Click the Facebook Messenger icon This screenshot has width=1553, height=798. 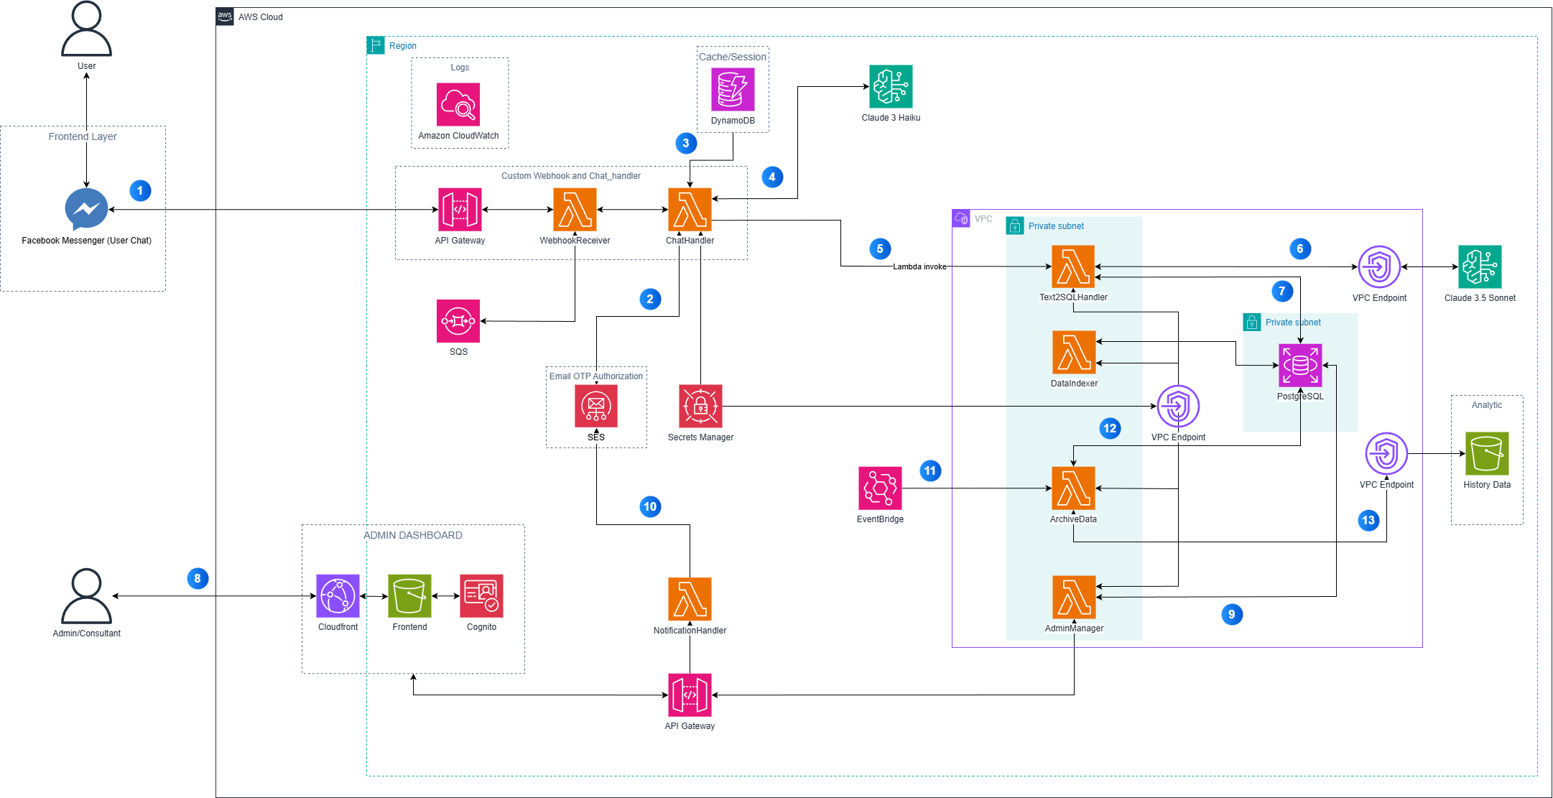pyautogui.click(x=86, y=209)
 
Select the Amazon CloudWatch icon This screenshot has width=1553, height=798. pyautogui.click(x=458, y=105)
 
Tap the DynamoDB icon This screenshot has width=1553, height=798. pyautogui.click(x=733, y=89)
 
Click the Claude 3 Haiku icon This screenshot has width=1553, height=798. pyautogui.click(x=891, y=86)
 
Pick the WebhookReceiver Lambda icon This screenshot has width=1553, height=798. pyautogui.click(x=575, y=210)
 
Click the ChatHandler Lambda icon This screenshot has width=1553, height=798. pyautogui.click(x=690, y=210)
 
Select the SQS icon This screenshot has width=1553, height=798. pyautogui.click(x=458, y=321)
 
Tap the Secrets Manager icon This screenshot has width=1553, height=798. pyautogui.click(x=700, y=406)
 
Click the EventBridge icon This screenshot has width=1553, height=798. pyautogui.click(x=880, y=488)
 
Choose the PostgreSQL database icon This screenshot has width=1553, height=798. pyautogui.click(x=1300, y=365)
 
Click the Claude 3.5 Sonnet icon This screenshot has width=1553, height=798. pyautogui.click(x=1480, y=266)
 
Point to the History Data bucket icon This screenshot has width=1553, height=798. pyautogui.click(x=1487, y=453)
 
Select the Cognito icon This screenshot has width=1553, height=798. pyautogui.click(x=481, y=595)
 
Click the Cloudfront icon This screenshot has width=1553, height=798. pyautogui.click(x=338, y=595)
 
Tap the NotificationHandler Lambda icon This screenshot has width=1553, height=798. pyautogui.click(x=690, y=598)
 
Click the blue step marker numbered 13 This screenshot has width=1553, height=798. pyautogui.click(x=1368, y=521)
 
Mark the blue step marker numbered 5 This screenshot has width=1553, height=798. pyautogui.click(x=880, y=249)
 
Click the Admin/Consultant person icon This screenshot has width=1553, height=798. pyautogui.click(x=86, y=596)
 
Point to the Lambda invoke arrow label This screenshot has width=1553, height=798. pyautogui.click(x=919, y=266)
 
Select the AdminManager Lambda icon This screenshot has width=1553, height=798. pyautogui.click(x=1074, y=597)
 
